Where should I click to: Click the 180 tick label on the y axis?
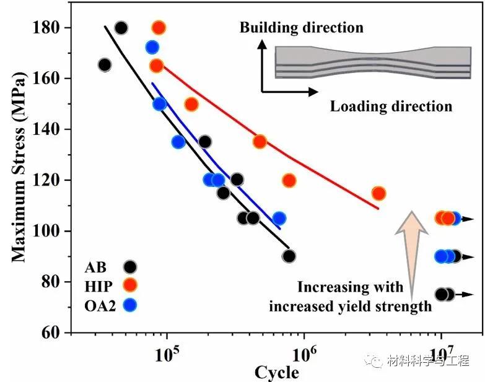pos(48,28)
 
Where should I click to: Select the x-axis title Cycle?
pos(277,372)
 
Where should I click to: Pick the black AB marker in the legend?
pos(129,267)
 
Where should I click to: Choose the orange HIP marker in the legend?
pos(129,285)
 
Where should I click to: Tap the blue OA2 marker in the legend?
pos(129,305)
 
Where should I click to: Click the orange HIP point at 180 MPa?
pos(159,28)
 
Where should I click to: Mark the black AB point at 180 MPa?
pos(121,28)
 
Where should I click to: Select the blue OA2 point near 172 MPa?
pos(152,47)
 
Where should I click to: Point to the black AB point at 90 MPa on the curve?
pos(289,256)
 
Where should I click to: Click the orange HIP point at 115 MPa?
pos(378,193)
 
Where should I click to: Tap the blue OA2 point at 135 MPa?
pos(178,142)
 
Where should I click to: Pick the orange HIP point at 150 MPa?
pos(191,104)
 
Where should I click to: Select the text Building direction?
pos(301,28)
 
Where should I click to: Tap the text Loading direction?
pos(391,106)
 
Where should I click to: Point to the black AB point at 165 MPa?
pos(105,65)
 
